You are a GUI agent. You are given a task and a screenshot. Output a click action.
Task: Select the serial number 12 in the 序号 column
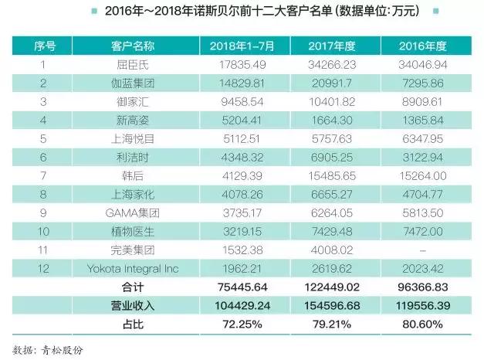tap(44, 269)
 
